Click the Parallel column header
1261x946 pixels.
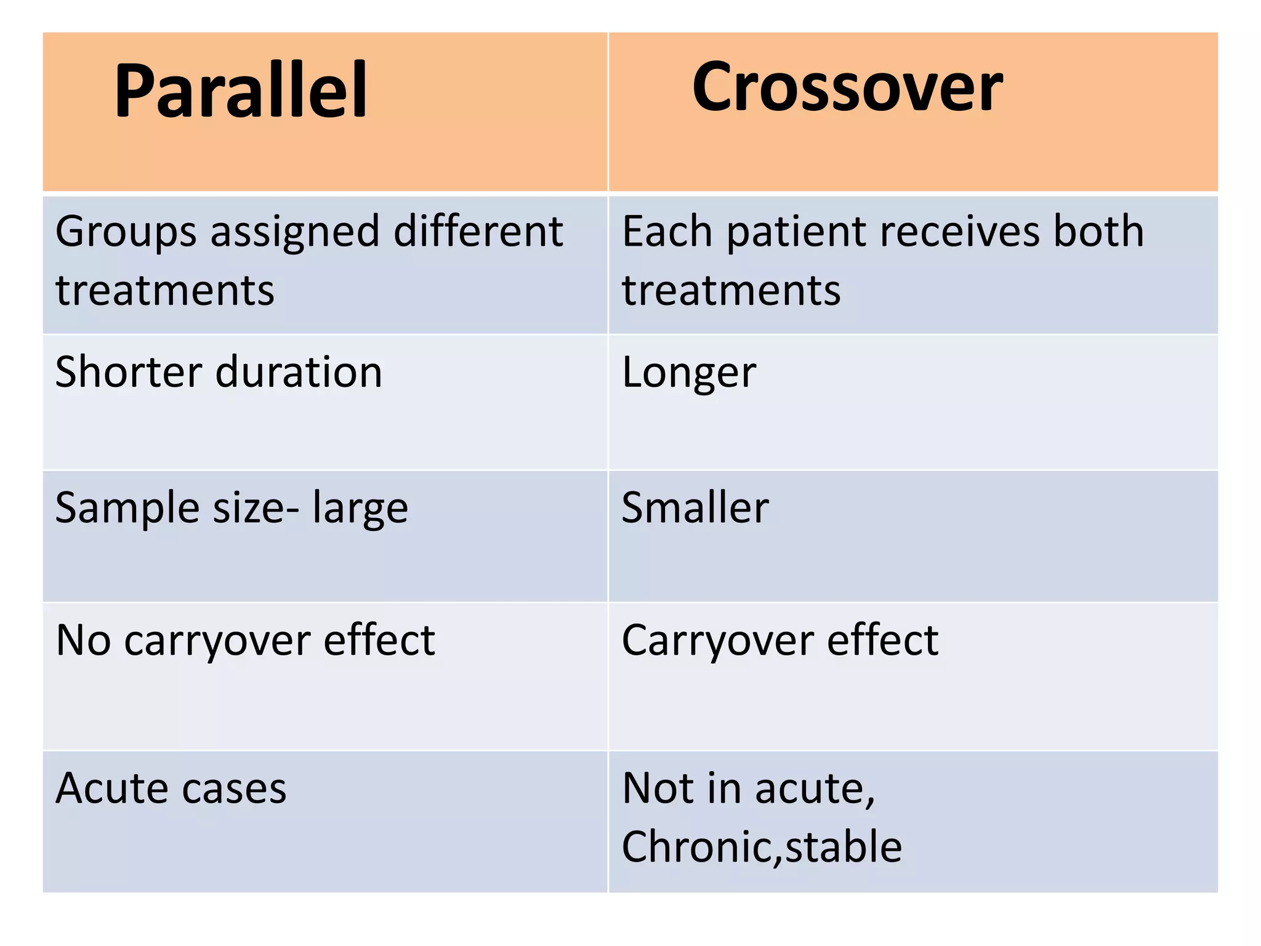click(241, 91)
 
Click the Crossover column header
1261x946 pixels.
click(847, 87)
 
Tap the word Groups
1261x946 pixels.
click(126, 232)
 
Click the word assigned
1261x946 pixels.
click(295, 232)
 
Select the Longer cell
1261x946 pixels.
click(688, 373)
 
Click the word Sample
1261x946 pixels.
click(127, 509)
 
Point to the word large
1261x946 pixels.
click(360, 509)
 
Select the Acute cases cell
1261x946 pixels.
click(171, 788)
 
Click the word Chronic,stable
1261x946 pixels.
click(762, 847)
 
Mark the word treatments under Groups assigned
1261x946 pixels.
click(164, 290)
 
